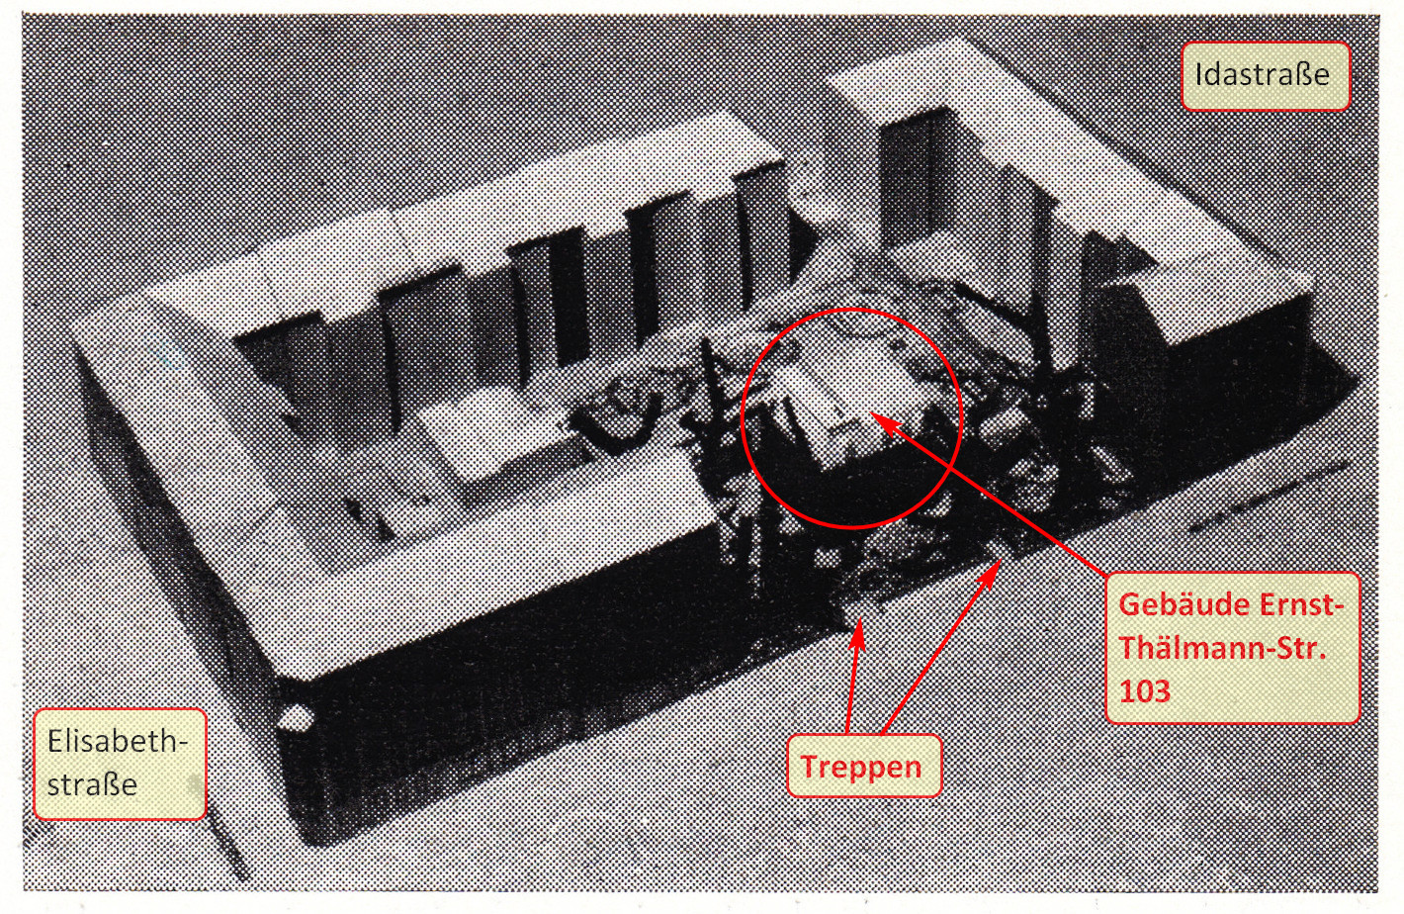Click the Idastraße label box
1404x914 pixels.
click(x=1265, y=76)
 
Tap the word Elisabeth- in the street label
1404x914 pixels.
click(x=118, y=742)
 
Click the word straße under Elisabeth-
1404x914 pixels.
click(x=92, y=784)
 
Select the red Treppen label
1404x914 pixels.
click(x=864, y=766)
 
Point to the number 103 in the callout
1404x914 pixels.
click(x=1145, y=691)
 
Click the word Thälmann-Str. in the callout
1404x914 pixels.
click(x=1223, y=648)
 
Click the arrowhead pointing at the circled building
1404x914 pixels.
click(x=884, y=422)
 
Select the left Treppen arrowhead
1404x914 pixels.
click(x=857, y=632)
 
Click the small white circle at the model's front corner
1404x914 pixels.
click(x=296, y=717)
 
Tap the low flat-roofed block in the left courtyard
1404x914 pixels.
click(x=495, y=439)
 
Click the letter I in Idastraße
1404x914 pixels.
click(x=1199, y=74)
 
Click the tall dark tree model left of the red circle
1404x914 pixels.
click(x=721, y=439)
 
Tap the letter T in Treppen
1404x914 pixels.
click(x=810, y=766)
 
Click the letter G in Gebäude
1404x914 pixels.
click(x=1129, y=605)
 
